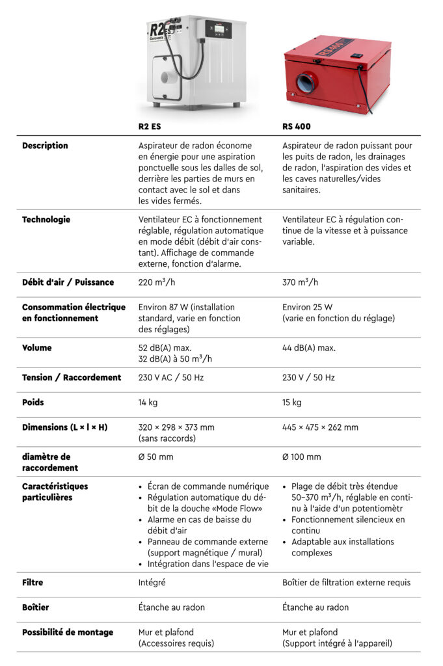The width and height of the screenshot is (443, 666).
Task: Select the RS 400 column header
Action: click(x=297, y=127)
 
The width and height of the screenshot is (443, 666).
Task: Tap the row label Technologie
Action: click(x=46, y=219)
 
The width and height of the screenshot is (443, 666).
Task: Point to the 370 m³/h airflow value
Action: click(x=301, y=282)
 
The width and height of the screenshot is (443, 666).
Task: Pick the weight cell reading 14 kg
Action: click(x=148, y=402)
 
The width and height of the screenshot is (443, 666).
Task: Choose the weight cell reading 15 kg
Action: click(x=292, y=402)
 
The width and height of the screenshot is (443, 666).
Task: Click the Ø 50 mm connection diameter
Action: click(x=155, y=457)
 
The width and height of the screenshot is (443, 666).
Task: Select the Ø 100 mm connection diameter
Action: click(x=302, y=457)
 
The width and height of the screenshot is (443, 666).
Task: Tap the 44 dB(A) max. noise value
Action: click(x=309, y=348)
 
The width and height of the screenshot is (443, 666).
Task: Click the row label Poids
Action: click(x=33, y=402)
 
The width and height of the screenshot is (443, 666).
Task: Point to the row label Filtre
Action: click(x=33, y=582)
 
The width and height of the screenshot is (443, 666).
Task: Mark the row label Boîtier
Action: click(x=36, y=607)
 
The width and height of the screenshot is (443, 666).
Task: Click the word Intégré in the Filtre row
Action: click(x=152, y=582)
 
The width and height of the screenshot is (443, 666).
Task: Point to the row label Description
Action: click(x=45, y=146)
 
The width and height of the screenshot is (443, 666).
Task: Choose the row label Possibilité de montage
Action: click(x=68, y=632)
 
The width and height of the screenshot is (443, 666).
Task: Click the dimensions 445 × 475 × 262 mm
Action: click(x=320, y=427)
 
